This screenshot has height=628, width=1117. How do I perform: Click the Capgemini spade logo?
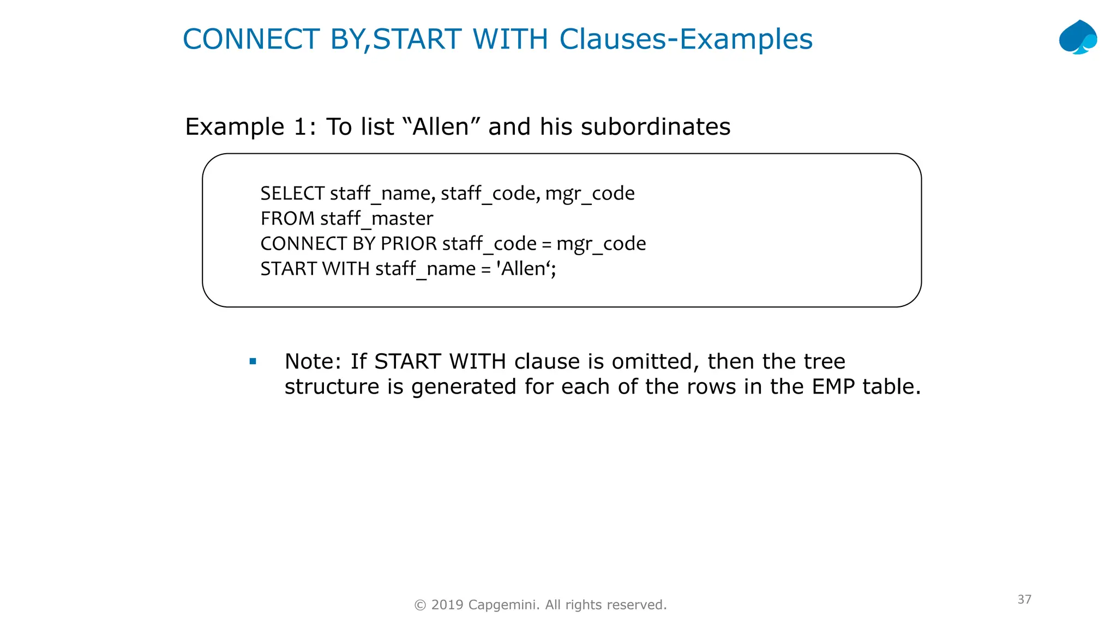(1078, 38)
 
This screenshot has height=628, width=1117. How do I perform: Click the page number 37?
(1024, 600)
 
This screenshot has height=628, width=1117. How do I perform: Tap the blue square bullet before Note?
(253, 361)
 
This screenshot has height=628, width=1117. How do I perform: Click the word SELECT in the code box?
(292, 194)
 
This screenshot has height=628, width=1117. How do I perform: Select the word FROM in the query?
(287, 219)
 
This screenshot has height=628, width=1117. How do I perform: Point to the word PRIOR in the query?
(409, 244)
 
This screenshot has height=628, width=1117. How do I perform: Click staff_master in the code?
(377, 219)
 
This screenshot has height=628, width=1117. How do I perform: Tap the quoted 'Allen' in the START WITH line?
(525, 269)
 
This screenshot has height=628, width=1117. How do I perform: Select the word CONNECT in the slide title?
(251, 39)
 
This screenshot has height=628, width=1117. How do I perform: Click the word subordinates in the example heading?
(655, 126)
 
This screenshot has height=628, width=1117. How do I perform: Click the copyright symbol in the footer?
(420, 605)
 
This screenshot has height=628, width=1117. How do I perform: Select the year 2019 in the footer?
(447, 605)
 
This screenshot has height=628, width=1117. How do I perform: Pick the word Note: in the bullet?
(313, 361)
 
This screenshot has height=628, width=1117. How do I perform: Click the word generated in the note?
(464, 387)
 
